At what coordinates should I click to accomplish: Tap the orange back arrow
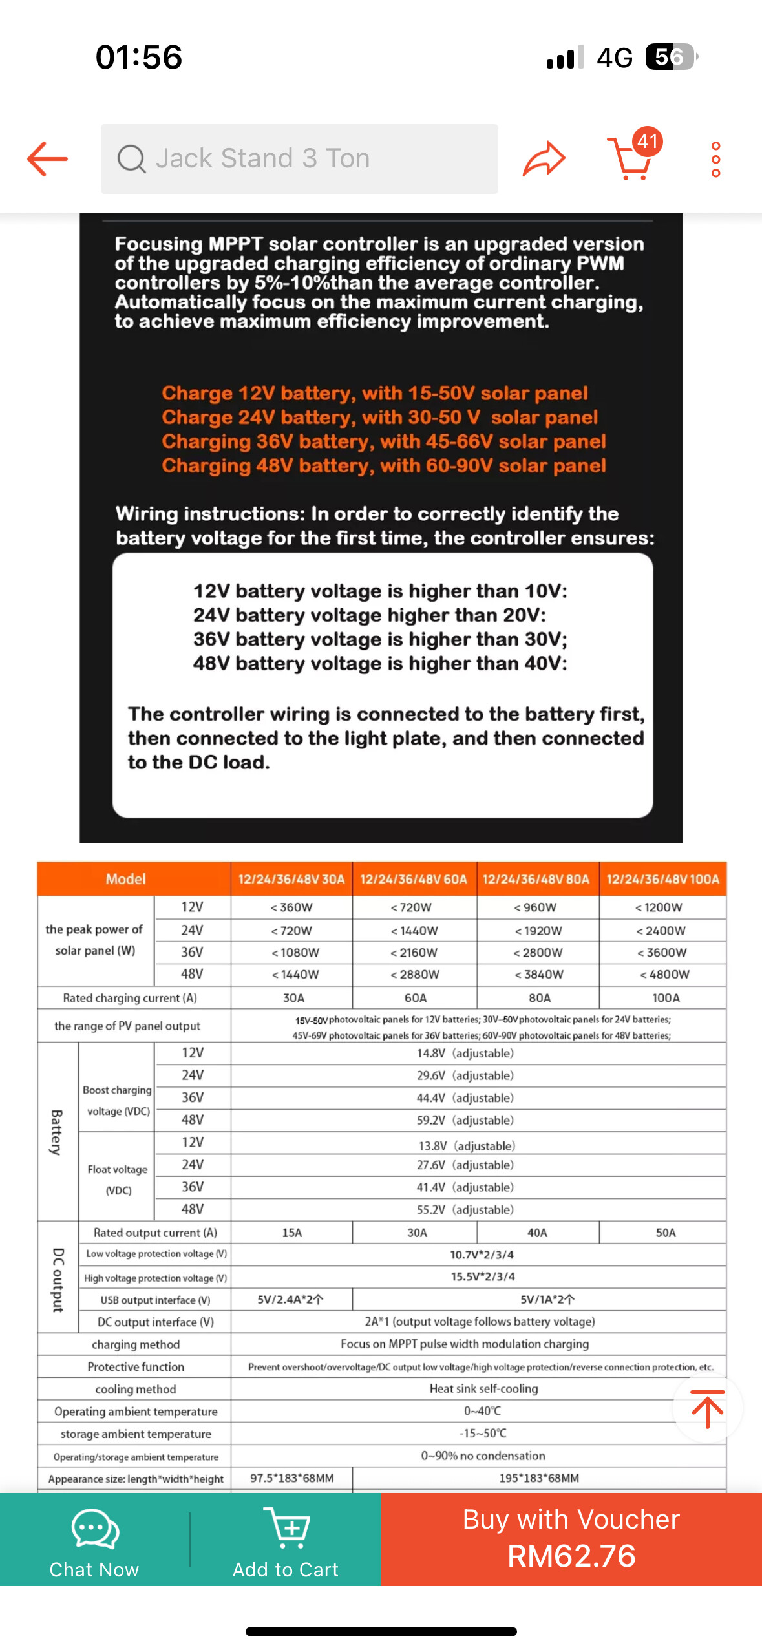47,159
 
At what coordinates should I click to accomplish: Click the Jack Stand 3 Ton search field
299,159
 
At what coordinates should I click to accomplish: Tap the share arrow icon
544,159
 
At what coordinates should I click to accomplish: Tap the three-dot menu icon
715,159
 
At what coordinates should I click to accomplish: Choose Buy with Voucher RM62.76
571,1538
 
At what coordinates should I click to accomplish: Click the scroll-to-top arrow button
708,1408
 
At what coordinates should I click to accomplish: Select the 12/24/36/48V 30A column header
291,879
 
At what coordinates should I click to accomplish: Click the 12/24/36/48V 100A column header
662,879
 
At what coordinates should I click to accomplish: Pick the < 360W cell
291,907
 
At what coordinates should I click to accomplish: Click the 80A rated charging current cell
540,998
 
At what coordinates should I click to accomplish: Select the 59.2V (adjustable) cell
465,1120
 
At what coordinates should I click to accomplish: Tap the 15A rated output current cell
291,1233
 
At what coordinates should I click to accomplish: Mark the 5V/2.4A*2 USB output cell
291,1300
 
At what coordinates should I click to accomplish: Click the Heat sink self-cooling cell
483,1388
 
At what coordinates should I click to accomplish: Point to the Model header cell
126,879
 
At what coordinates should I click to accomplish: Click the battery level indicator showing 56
670,57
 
